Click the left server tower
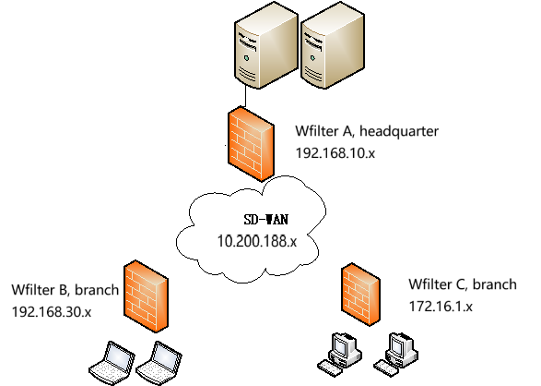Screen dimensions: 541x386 pos(266,45)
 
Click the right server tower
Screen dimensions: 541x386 pos(333,45)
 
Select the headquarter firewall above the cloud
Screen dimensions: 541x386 pos(251,144)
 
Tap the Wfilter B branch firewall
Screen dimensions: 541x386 pos(146,296)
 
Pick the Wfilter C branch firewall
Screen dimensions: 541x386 pos(360,295)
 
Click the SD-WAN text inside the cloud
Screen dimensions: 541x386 pos(265,220)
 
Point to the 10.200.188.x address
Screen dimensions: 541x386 pos(257,241)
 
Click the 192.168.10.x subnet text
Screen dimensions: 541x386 pos(335,152)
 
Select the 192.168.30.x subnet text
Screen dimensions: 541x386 pos(52,312)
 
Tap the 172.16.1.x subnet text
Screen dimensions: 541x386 pos(441,307)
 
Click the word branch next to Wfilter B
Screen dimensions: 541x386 pos(97,290)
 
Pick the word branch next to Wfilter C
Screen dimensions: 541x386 pos(494,284)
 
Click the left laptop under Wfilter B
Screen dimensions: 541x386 pos(112,363)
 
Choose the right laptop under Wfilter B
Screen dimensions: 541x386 pos(159,363)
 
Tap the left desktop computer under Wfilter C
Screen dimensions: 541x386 pos(339,354)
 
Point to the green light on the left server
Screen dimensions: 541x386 pos(246,58)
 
